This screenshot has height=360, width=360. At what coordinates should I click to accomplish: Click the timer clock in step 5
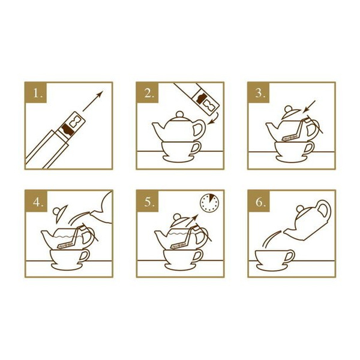[x=209, y=203]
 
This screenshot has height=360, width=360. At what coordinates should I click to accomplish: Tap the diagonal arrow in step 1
[x=93, y=101]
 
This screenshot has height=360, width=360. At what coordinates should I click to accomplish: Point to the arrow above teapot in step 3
[x=309, y=107]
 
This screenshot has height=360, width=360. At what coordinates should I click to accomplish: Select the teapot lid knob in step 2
[x=180, y=115]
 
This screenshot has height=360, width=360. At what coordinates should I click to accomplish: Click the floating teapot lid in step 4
[x=60, y=213]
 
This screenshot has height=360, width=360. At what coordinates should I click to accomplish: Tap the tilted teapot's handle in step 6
[x=324, y=211]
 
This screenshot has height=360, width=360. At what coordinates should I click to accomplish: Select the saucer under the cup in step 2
[x=178, y=158]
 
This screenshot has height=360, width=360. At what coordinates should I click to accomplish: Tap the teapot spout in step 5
[x=160, y=236]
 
